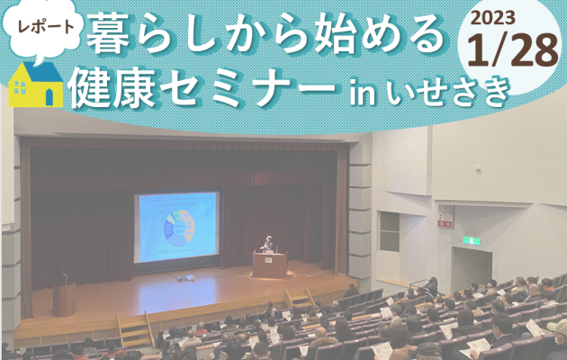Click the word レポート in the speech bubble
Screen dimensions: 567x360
click(x=46, y=26)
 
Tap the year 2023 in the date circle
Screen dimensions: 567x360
click(x=492, y=17)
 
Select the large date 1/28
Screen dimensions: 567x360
click(x=513, y=50)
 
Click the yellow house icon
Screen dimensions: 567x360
click(x=35, y=85)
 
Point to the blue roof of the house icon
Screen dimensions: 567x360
click(x=41, y=71)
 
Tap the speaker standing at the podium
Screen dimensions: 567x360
click(x=268, y=245)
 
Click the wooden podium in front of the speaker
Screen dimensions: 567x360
click(x=270, y=265)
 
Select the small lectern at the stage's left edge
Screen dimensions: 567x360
click(x=64, y=299)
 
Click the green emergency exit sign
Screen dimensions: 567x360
click(x=472, y=240)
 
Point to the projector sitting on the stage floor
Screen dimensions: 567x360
click(x=185, y=278)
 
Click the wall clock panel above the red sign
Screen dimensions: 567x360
click(x=445, y=212)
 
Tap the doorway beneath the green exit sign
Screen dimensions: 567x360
click(x=472, y=267)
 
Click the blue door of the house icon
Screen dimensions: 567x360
click(x=49, y=97)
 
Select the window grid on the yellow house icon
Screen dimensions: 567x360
click(x=20, y=87)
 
